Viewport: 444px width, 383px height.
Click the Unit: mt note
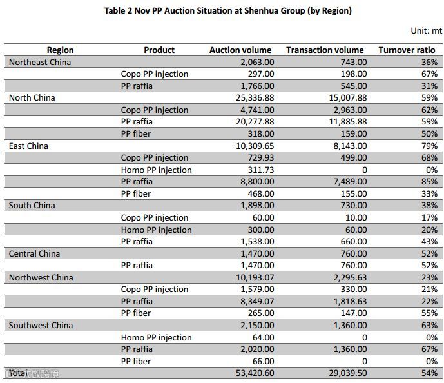pyautogui.click(x=426, y=30)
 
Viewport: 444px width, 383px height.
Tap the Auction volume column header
pyautogui.click(x=240, y=50)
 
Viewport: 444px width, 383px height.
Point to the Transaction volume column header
pyautogui.click(x=325, y=50)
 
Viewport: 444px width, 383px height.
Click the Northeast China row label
pyautogui.click(x=40, y=62)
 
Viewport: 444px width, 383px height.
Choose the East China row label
pyautogui.click(x=28, y=146)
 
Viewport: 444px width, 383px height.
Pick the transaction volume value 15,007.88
pyautogui.click(x=346, y=98)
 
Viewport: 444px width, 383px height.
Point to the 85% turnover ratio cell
pyautogui.click(x=429, y=182)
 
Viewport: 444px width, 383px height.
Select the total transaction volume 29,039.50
pyautogui.click(x=346, y=373)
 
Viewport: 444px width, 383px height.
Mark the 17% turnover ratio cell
pyautogui.click(x=429, y=217)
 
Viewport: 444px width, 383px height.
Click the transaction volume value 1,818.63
pyautogui.click(x=351, y=301)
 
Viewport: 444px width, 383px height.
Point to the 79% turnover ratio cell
pyautogui.click(x=429, y=146)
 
